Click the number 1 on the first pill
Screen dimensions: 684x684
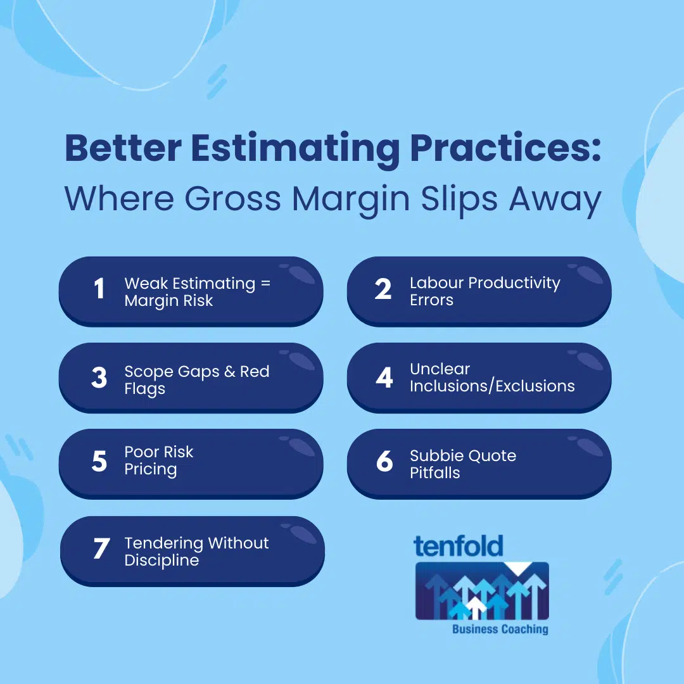99,289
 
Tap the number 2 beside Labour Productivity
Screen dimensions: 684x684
383,289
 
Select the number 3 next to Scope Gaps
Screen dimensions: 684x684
99,377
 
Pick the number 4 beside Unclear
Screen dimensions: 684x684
384,377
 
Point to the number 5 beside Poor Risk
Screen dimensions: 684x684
99,462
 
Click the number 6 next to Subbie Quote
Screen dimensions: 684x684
384,462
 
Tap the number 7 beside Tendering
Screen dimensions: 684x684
101,548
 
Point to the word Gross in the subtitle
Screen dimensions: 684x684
233,199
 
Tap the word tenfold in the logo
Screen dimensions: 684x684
459,546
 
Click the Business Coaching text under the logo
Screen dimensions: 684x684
500,629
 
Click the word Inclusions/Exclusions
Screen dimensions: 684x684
492,386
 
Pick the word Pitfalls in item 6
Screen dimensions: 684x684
434,472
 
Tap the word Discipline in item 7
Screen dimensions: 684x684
161,560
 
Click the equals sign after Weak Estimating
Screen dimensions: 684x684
265,283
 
